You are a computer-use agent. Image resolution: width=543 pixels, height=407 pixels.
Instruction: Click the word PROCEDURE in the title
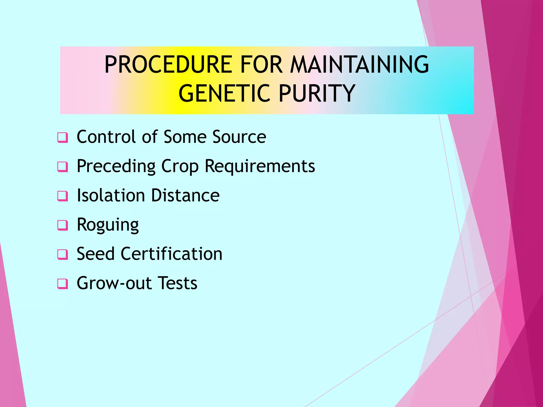click(x=169, y=65)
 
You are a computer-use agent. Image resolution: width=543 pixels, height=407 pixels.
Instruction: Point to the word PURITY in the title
click(x=317, y=93)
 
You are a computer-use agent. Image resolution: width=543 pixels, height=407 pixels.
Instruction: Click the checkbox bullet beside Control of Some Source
click(x=63, y=138)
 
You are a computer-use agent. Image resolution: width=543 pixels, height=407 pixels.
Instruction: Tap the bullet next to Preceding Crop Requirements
click(x=63, y=167)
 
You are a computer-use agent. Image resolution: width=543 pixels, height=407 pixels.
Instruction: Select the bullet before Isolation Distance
click(x=63, y=196)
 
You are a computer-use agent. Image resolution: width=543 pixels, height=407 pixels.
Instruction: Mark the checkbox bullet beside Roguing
click(x=63, y=225)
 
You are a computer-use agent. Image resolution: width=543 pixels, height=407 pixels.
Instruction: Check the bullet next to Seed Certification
click(x=63, y=254)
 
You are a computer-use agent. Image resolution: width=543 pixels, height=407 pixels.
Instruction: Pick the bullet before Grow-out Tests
click(x=63, y=284)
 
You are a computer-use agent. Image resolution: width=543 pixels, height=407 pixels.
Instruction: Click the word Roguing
click(x=108, y=225)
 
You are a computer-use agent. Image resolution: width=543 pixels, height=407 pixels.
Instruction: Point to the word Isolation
click(x=111, y=196)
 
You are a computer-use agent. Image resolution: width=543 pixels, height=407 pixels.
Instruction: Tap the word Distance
click(x=185, y=196)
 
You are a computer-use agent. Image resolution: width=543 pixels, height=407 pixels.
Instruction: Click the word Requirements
click(x=260, y=166)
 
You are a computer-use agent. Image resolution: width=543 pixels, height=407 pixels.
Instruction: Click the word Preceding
click(x=116, y=166)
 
